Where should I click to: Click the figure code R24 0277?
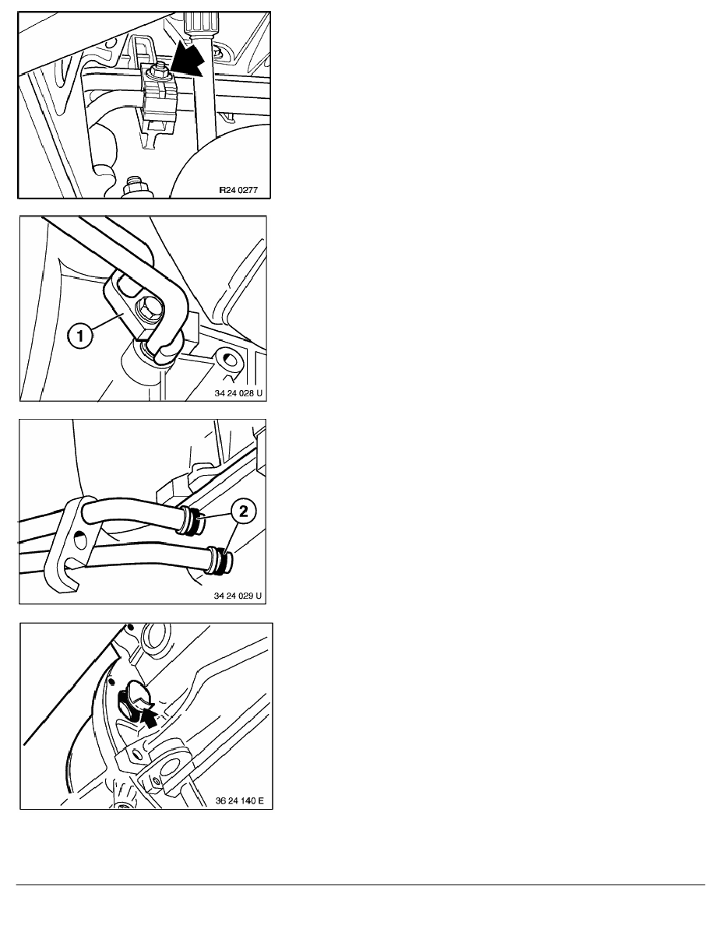point(238,190)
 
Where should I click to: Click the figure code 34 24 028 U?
point(238,393)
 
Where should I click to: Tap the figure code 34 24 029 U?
point(238,596)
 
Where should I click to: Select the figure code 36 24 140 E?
point(240,800)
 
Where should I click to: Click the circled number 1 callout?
point(79,337)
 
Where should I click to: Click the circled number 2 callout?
point(244,511)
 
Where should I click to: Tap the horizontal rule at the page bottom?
point(361,885)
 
